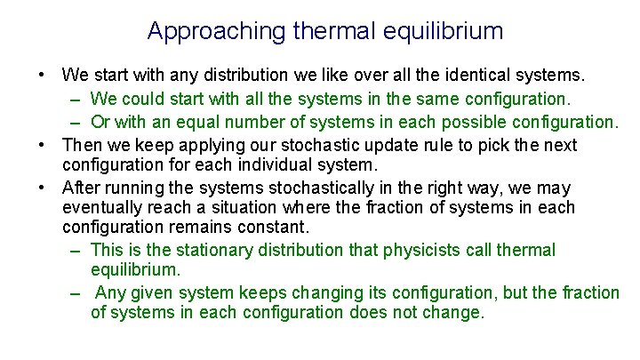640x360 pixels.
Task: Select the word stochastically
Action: tap(303, 188)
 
